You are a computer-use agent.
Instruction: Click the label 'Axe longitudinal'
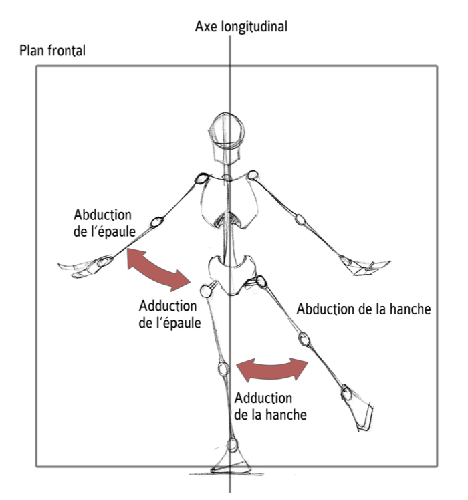point(241,27)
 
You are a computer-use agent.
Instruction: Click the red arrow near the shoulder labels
point(159,268)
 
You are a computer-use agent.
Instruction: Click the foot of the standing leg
point(231,465)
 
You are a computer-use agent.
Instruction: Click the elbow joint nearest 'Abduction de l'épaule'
point(158,221)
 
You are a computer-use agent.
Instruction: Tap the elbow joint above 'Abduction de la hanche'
point(300,218)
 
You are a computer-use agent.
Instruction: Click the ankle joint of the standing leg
point(232,445)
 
